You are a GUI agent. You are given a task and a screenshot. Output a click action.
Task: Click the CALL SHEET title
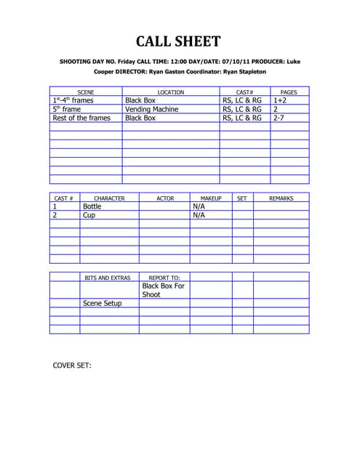click(179, 41)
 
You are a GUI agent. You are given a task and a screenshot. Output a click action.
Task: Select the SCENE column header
click(86, 92)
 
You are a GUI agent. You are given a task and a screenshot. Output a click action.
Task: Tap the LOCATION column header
click(171, 92)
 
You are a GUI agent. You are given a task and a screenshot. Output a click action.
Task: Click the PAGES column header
click(289, 92)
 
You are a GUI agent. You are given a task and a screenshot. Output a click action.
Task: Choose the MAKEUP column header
click(211, 198)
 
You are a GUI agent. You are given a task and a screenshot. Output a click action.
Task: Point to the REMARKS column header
click(281, 198)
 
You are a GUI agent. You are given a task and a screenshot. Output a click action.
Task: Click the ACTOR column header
click(165, 198)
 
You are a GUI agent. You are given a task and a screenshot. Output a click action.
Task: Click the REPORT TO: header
click(164, 278)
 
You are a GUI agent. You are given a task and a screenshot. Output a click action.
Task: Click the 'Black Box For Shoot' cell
click(164, 291)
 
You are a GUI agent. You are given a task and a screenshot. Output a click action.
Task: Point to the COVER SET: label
click(72, 365)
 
